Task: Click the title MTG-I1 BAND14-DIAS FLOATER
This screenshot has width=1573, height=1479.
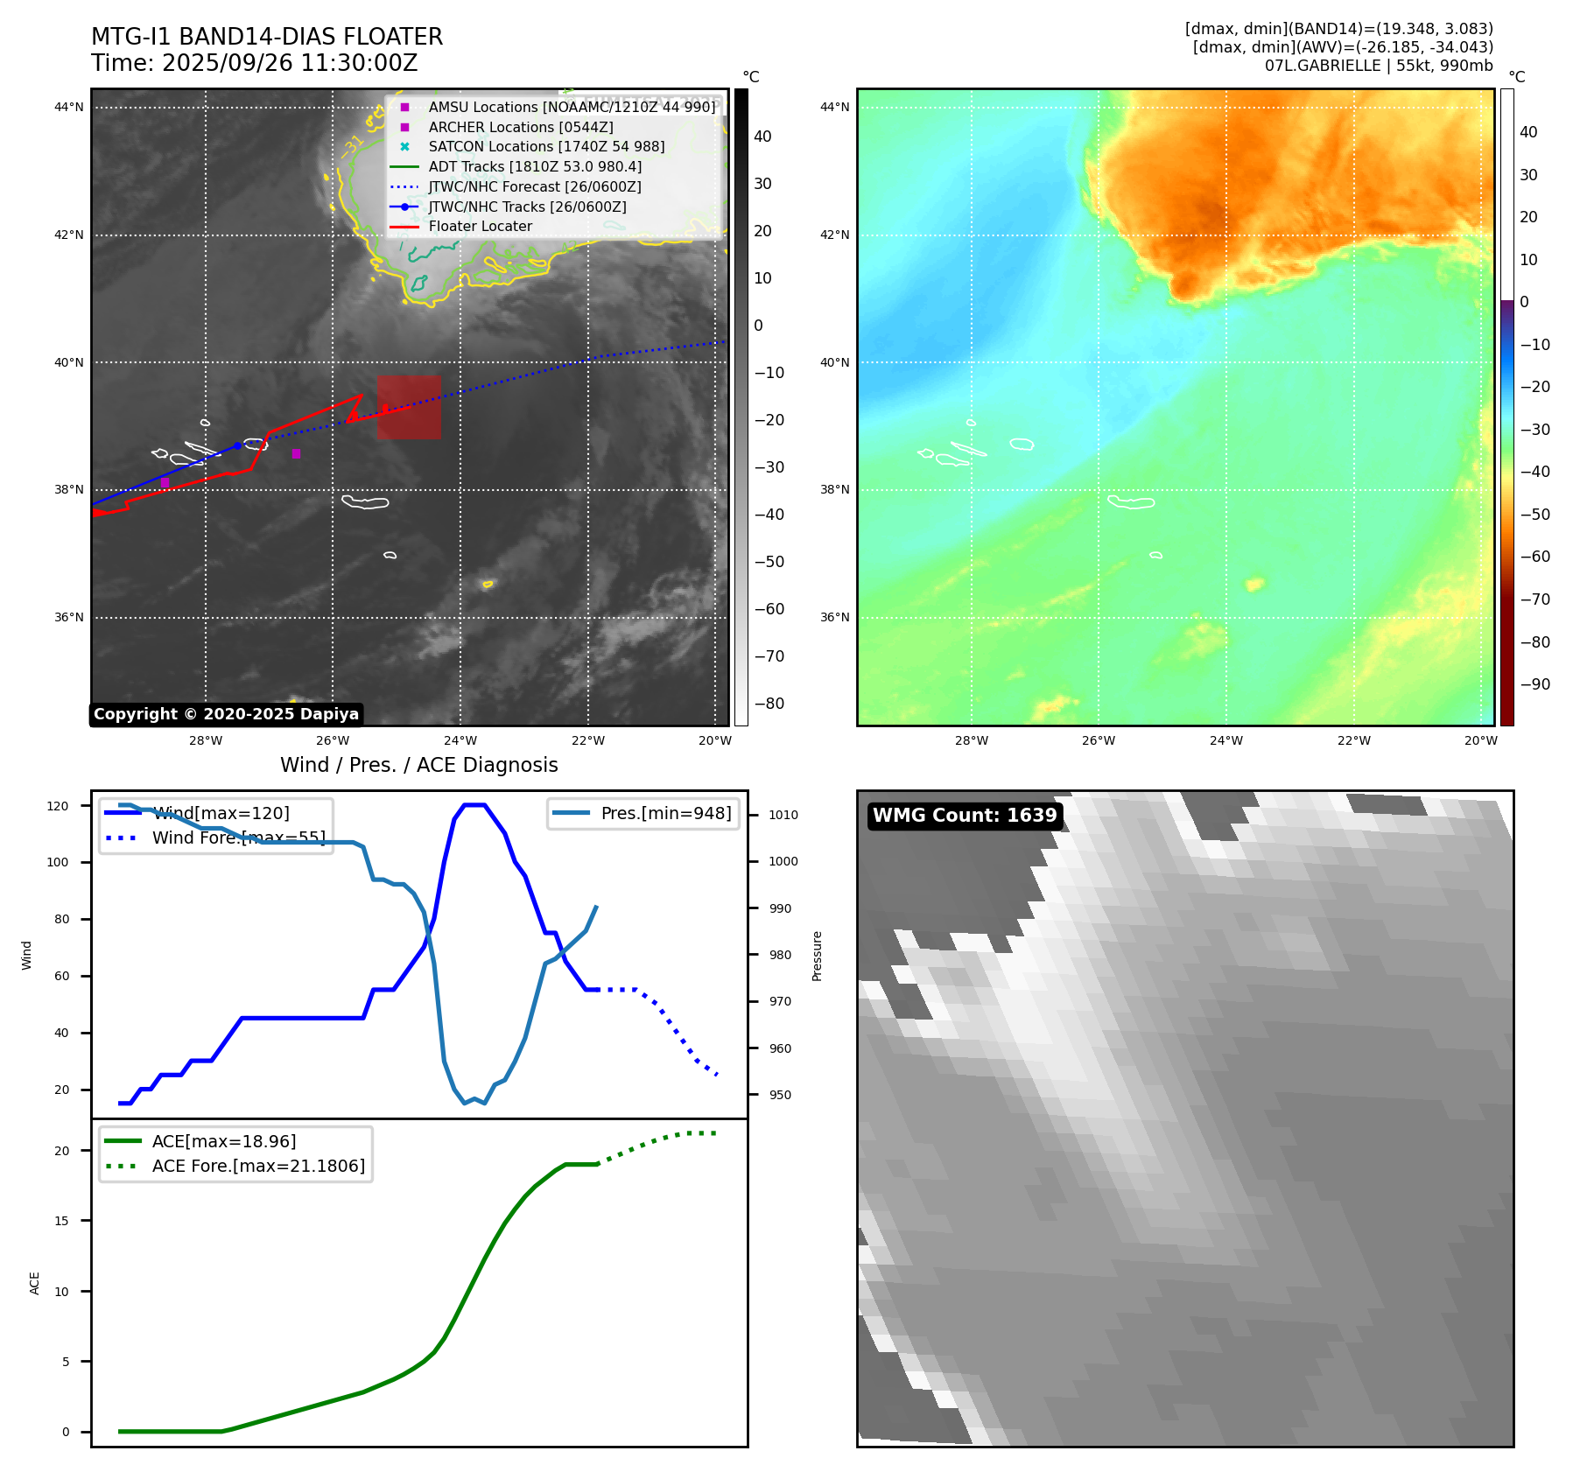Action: click(x=267, y=37)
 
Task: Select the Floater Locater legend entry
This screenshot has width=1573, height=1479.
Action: click(x=480, y=227)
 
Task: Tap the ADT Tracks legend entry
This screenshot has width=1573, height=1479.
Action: click(x=535, y=167)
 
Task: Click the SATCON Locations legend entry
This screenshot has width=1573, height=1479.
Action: click(x=546, y=147)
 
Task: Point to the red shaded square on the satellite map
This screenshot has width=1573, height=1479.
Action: click(x=409, y=408)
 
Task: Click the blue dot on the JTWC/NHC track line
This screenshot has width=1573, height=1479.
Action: click(x=237, y=445)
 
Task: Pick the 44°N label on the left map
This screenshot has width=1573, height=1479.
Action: click(x=69, y=108)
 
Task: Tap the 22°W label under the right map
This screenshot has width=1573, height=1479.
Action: click(x=1353, y=740)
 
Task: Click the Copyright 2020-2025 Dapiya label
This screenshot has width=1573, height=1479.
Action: click(x=226, y=714)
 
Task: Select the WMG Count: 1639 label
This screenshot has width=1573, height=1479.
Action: click(x=965, y=816)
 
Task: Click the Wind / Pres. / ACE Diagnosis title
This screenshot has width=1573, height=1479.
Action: click(x=418, y=765)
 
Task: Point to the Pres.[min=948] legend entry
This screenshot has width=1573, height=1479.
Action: click(x=665, y=813)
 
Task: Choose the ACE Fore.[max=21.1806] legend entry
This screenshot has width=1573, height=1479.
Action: click(x=258, y=1166)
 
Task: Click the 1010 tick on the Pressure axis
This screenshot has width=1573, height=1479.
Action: click(x=783, y=815)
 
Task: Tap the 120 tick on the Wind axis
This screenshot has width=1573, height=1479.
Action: click(x=58, y=806)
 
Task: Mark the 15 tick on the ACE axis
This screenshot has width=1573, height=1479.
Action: click(x=61, y=1221)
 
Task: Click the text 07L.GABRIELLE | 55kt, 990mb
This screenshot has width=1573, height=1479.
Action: click(x=1379, y=66)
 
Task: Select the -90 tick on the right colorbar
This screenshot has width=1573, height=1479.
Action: click(x=1534, y=684)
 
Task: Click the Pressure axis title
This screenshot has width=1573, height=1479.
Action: click(x=817, y=956)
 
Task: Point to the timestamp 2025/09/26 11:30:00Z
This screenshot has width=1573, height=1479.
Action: click(x=290, y=63)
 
